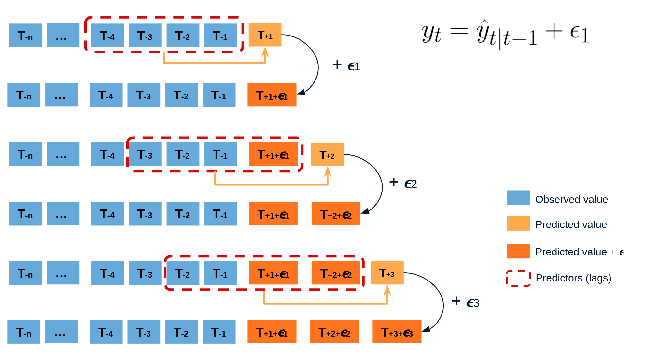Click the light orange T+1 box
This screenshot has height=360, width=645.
click(x=265, y=35)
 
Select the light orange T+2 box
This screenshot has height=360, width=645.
click(x=327, y=154)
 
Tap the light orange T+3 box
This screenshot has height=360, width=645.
click(x=387, y=273)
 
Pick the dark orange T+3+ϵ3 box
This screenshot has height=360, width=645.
click(x=397, y=332)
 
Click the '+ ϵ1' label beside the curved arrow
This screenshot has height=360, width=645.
click(x=346, y=65)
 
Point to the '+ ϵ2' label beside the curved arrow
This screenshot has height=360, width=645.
click(x=403, y=183)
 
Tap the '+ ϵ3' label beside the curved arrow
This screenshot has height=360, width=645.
click(x=465, y=302)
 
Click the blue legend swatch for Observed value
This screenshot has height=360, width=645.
click(x=518, y=198)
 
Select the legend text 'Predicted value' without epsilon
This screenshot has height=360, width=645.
click(x=571, y=224)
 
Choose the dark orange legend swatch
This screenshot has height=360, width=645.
click(x=518, y=251)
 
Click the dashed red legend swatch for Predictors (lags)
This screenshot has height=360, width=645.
click(x=518, y=278)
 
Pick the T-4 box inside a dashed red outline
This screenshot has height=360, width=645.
click(x=107, y=36)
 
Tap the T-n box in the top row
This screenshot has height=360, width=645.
click(x=25, y=36)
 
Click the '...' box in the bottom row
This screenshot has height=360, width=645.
click(x=61, y=332)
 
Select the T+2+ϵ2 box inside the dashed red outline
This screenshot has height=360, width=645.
click(x=336, y=273)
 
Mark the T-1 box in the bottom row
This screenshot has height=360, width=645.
click(x=219, y=332)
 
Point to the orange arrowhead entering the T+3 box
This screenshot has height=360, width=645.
click(x=387, y=289)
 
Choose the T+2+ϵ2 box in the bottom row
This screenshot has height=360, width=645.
click(x=334, y=332)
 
